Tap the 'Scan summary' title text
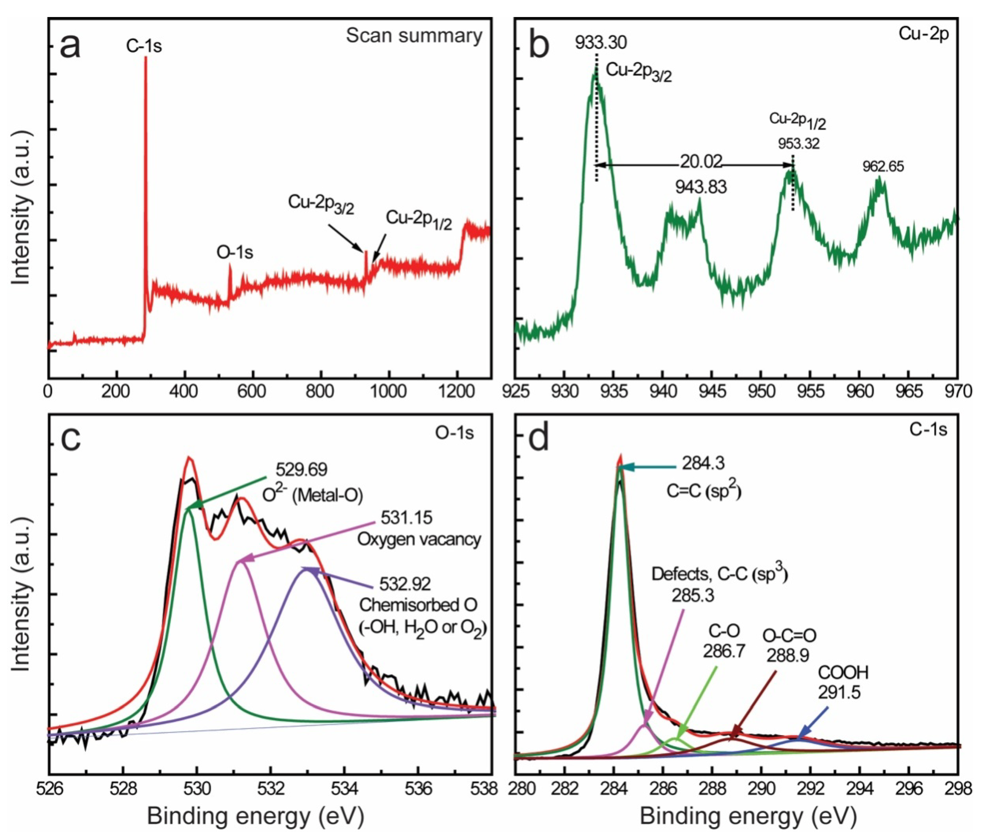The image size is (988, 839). coord(414,36)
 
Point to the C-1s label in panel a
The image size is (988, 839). coord(144,46)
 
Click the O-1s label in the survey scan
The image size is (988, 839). coord(234,253)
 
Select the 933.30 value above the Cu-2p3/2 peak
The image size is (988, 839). coord(601,43)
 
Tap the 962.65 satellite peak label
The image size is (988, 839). coord(882,167)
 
